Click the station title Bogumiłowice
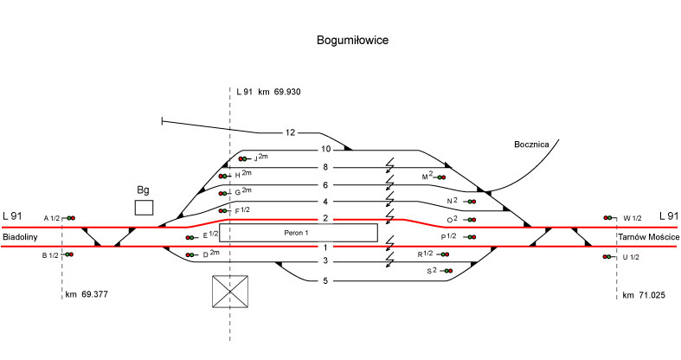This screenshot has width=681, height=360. [353, 41]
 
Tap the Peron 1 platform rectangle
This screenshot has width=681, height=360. [299, 232]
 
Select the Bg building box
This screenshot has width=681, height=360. [144, 207]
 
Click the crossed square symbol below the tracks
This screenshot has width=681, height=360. [230, 292]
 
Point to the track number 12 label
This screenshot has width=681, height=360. [291, 132]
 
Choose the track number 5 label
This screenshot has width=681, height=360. [325, 280]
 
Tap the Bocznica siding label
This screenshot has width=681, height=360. [532, 145]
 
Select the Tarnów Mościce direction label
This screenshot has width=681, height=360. [648, 236]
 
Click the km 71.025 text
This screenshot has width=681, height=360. [645, 295]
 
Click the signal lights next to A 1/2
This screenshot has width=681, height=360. [71, 218]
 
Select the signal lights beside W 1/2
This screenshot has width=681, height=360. [609, 218]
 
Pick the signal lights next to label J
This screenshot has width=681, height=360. [244, 159]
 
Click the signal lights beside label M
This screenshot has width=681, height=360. [441, 177]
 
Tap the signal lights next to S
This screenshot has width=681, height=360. [447, 272]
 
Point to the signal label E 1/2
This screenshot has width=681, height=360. [210, 235]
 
